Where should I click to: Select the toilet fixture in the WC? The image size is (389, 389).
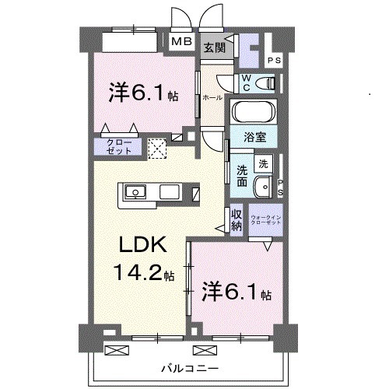pos(264,82)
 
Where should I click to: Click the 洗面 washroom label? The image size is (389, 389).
pos(243,176)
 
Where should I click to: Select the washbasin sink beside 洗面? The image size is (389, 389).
pos(268,187)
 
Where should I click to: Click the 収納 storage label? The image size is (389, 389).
pos(237,220)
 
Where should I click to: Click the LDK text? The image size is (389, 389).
pos(142,247)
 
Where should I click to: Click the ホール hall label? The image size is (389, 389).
pos(212,99)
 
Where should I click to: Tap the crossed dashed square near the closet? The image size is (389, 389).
pos(158,147)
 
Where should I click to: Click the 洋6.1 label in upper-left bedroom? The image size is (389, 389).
pos(144,94)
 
